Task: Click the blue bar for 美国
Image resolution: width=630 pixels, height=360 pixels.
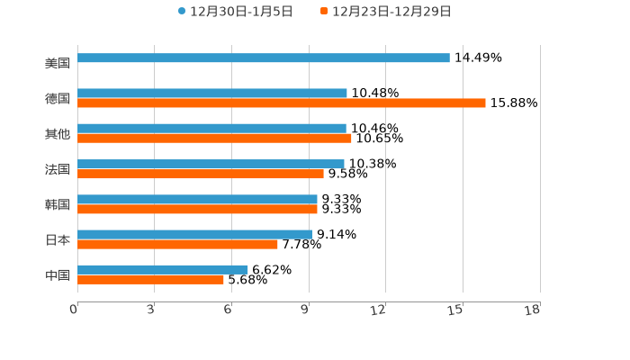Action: pyautogui.click(x=264, y=58)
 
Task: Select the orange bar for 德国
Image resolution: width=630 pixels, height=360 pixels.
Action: pyautogui.click(x=282, y=103)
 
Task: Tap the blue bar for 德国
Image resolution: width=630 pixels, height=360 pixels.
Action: pyautogui.click(x=212, y=93)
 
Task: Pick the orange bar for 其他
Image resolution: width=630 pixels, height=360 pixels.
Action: pyautogui.click(x=214, y=139)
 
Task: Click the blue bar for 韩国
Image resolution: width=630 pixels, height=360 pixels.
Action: pyautogui.click(x=197, y=199)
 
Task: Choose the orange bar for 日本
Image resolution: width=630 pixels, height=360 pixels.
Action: pyautogui.click(x=177, y=244)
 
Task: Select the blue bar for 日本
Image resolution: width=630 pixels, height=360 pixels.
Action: pyautogui.click(x=194, y=234)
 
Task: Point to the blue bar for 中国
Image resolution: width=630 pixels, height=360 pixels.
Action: pyautogui.click(x=163, y=269)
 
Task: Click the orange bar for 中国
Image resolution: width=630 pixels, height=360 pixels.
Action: pyautogui.click(x=150, y=279)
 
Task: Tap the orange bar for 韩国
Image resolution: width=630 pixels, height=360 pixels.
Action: pyautogui.click(x=197, y=209)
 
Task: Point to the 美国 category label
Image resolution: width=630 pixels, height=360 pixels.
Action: pyautogui.click(x=58, y=63)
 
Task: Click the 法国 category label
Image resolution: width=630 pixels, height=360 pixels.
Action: pyautogui.click(x=58, y=169)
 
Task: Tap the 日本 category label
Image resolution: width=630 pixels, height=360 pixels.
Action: pyautogui.click(x=58, y=239)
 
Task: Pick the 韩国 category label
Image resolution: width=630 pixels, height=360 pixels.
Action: pyautogui.click(x=58, y=204)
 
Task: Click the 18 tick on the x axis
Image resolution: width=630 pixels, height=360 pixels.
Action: pyautogui.click(x=533, y=310)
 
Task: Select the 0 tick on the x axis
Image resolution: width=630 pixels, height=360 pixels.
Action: pyautogui.click(x=74, y=310)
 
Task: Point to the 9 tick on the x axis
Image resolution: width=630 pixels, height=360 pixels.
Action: pyautogui.click(x=306, y=310)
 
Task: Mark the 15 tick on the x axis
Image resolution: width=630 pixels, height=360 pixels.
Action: pyautogui.click(x=456, y=310)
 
